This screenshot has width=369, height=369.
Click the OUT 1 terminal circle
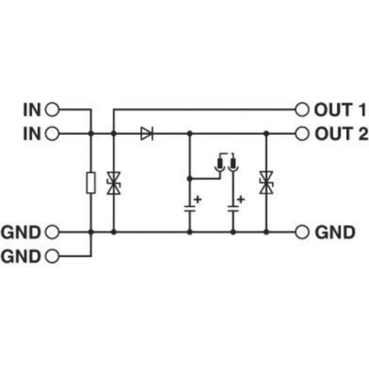(x=302, y=110)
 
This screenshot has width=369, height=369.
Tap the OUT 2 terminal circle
(x=302, y=134)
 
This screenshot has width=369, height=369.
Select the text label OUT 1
(x=340, y=110)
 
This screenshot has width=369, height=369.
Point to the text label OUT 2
(x=341, y=134)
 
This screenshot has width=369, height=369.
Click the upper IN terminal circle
(x=52, y=110)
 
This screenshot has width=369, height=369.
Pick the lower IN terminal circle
(x=52, y=134)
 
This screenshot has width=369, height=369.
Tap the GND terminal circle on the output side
(x=302, y=232)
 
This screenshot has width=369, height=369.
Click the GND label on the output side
(x=335, y=232)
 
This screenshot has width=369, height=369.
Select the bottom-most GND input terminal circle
(x=52, y=256)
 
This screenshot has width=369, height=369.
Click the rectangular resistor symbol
(x=91, y=183)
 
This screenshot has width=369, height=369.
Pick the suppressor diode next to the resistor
(x=114, y=183)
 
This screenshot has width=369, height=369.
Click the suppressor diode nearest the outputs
(x=266, y=182)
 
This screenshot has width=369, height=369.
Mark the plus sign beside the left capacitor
(x=198, y=199)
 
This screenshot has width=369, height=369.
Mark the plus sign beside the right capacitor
(x=241, y=199)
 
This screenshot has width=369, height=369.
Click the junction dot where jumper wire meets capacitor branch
(x=190, y=178)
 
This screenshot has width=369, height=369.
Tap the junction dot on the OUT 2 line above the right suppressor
(x=266, y=134)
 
